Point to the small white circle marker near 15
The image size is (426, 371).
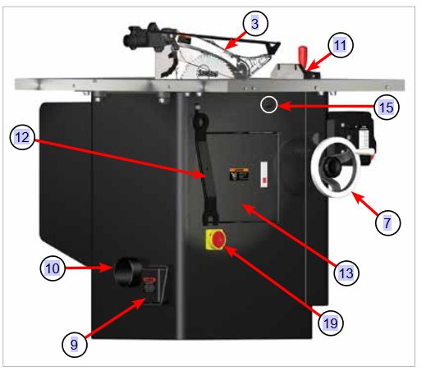(x=268, y=105)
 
